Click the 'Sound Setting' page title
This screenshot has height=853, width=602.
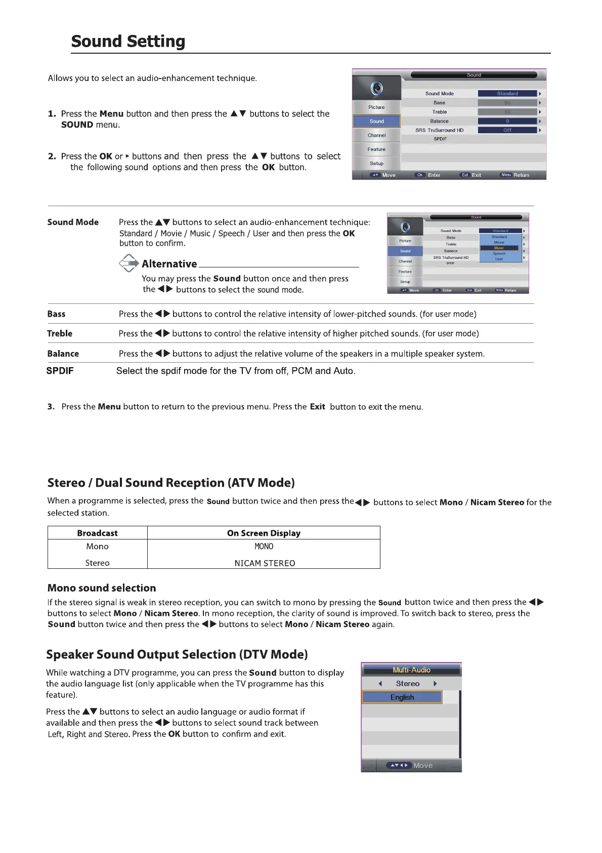coord(128,41)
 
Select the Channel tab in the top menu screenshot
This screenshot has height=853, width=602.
coord(376,135)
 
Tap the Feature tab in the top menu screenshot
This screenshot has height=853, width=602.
coord(376,149)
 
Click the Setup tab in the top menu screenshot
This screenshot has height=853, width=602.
coord(376,164)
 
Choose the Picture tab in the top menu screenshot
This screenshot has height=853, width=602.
coord(376,107)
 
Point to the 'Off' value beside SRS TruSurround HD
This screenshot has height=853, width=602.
coord(507,130)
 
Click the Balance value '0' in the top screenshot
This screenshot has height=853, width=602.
coord(507,121)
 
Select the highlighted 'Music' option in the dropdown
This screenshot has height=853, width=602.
coord(499,248)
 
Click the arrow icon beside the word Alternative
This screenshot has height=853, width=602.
coord(129,263)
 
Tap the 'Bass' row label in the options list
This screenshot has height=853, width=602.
coord(56,314)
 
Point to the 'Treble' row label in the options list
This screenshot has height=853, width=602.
coord(60,334)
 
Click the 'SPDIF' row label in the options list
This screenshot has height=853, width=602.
coord(60,371)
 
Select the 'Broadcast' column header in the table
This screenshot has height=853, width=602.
coord(97,533)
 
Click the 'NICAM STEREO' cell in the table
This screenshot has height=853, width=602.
coord(265,563)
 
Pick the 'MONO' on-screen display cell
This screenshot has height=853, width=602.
coord(264,547)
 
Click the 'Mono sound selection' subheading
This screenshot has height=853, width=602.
coord(102,588)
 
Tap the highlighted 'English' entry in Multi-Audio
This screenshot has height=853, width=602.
coord(402,697)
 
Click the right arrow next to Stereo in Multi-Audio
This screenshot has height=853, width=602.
coord(435,684)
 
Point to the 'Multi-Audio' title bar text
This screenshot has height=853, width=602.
coord(411,670)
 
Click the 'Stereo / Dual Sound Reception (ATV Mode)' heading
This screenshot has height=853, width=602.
coord(171,483)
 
